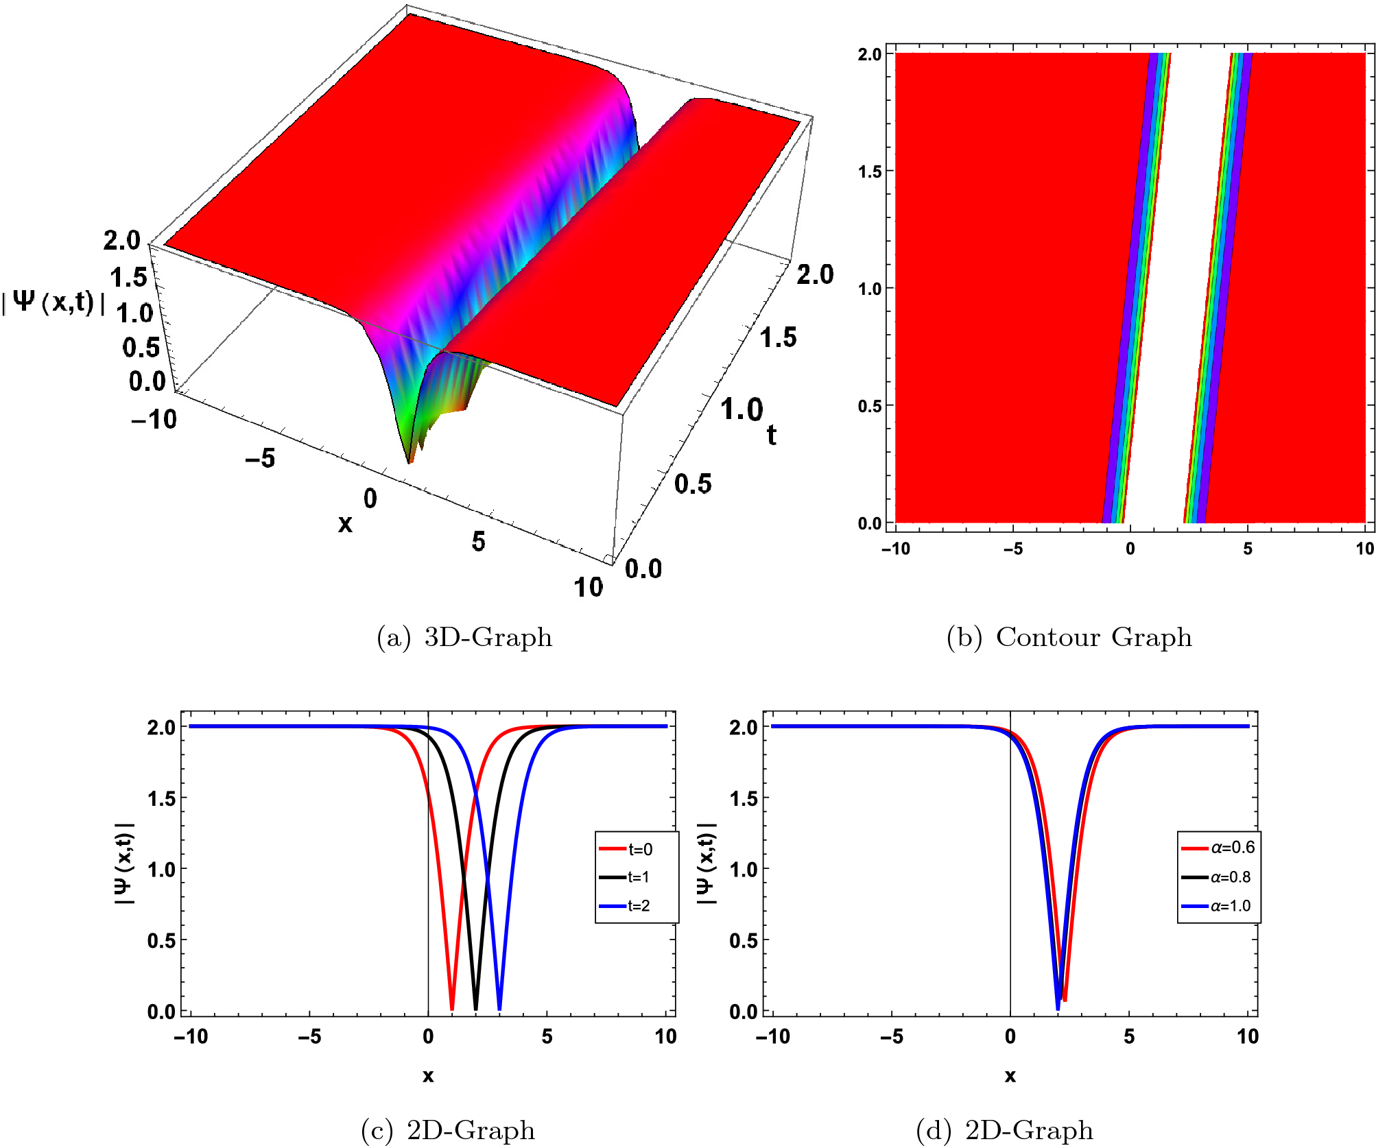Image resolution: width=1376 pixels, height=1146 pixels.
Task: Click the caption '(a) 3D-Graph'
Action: coord(464,637)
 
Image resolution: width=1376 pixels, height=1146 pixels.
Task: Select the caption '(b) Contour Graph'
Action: coord(1069,637)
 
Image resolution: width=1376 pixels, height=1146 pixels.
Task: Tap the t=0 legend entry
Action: coord(627,850)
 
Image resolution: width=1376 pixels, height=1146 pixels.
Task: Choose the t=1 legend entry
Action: coord(626,877)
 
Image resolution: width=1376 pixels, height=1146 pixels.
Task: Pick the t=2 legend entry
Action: coord(626,906)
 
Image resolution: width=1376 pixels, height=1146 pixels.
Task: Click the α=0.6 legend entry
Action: coord(1219,848)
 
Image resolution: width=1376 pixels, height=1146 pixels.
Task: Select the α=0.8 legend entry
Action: coord(1218,877)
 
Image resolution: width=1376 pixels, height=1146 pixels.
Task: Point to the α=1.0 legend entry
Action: coord(1218,906)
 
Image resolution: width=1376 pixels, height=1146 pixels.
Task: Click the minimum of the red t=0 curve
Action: coord(452,1008)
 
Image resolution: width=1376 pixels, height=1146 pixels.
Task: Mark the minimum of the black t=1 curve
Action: coord(476,1008)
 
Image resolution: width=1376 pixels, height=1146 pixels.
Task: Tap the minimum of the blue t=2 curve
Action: coord(499,1008)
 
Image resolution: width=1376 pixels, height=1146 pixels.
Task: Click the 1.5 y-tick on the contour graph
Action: coord(869,171)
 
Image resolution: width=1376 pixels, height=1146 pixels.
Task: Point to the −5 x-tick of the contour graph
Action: coord(1012,549)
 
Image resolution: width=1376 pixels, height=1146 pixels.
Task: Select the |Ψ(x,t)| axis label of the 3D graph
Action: coord(54,302)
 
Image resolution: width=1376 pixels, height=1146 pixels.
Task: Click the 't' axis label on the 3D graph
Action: coord(772,435)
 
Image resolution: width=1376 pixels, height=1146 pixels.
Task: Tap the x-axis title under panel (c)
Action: coord(428,1075)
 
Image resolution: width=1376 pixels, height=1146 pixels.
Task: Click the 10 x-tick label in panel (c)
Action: coord(665,1036)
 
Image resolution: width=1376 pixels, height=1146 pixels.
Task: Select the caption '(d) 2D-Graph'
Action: coord(1004,1130)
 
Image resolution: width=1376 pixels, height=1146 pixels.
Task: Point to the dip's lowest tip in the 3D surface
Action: coord(410,462)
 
